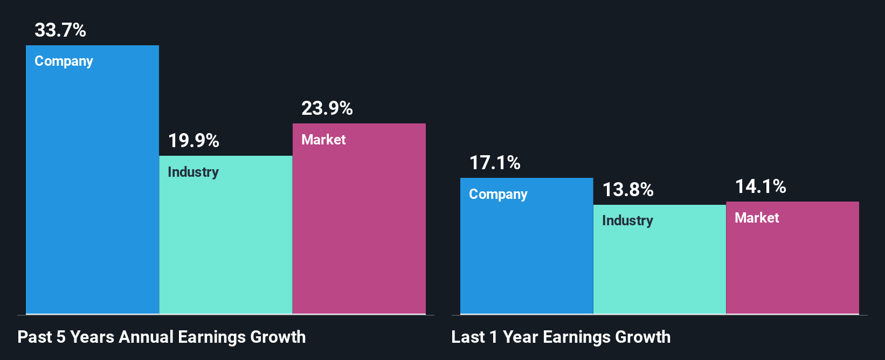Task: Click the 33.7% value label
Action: [x=60, y=30]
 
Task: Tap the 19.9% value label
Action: [x=193, y=141]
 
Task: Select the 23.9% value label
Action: [x=327, y=108]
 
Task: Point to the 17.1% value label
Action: [x=495, y=163]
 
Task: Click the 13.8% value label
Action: [x=628, y=190]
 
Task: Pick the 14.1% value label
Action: [x=760, y=186]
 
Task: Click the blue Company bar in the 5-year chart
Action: [x=92, y=189]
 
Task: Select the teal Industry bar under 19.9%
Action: [x=225, y=243]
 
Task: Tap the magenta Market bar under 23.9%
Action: [x=359, y=226]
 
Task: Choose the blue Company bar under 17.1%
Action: [x=527, y=253]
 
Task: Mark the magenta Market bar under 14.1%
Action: [x=792, y=264]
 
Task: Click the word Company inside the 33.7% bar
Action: [x=64, y=61]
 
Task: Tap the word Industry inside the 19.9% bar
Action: [x=193, y=172]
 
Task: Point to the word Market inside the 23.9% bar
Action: [x=323, y=140]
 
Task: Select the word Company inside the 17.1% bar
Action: [x=498, y=195]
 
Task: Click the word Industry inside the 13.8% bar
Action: [x=627, y=221]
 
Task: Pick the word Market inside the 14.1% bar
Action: [x=757, y=218]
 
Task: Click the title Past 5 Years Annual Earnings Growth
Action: [x=162, y=337]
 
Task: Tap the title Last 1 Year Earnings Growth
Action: [x=561, y=337]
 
